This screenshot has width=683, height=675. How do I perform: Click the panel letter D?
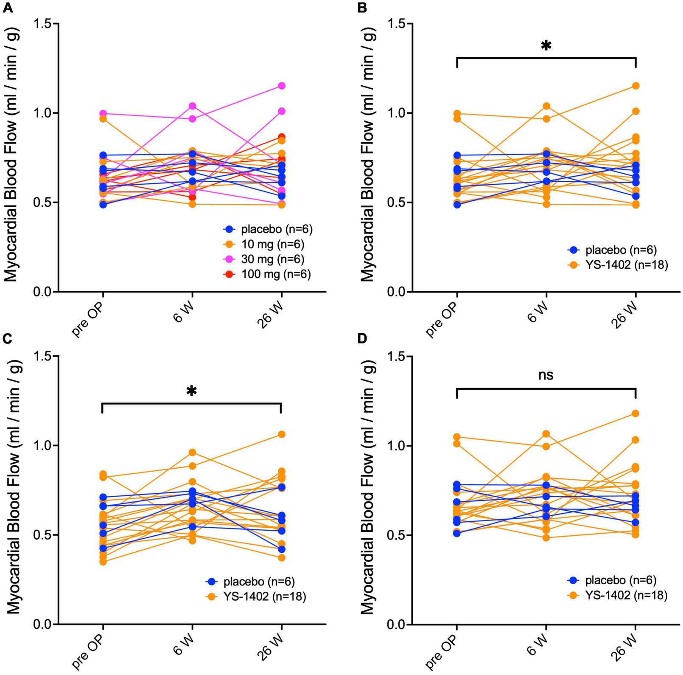point(363,340)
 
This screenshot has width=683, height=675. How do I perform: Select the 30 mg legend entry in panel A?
point(268,259)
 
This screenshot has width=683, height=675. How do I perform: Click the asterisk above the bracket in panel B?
point(546,46)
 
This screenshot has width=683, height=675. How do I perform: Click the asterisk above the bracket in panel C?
point(192,391)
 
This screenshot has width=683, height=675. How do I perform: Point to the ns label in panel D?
point(546,375)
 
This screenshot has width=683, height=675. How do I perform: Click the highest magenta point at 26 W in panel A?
point(281,86)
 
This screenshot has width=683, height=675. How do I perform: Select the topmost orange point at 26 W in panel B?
point(635,86)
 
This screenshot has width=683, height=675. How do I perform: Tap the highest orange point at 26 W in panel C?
point(281,434)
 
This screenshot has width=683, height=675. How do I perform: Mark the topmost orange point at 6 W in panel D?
point(546,434)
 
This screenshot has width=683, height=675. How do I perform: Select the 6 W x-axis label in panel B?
point(538,313)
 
